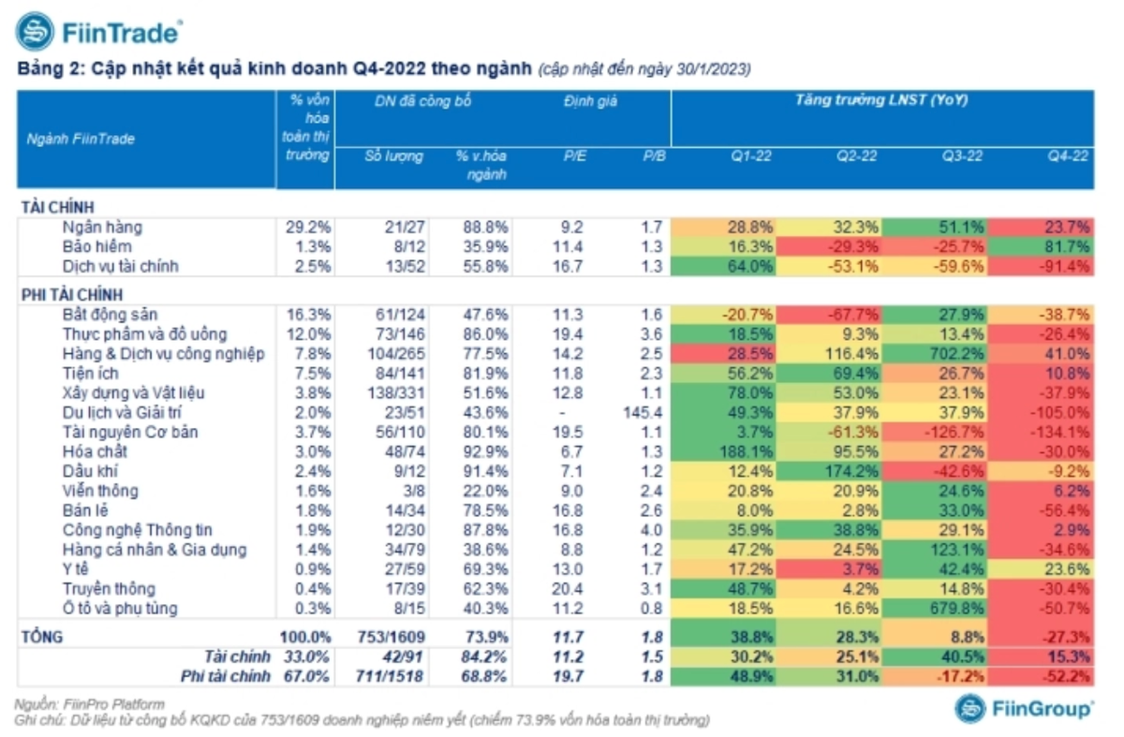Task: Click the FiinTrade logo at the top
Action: click(x=98, y=33)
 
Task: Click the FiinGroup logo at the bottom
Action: click(x=1023, y=709)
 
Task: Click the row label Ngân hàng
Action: click(x=102, y=227)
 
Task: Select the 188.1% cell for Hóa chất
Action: click(x=724, y=451)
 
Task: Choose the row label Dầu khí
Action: click(x=90, y=471)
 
